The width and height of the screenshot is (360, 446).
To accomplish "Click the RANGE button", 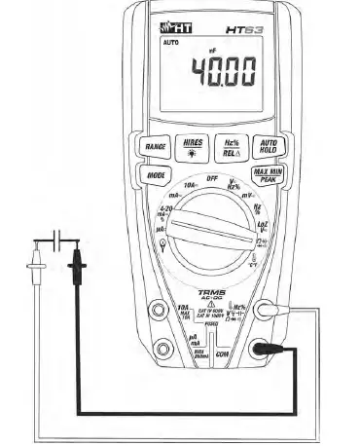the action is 155,146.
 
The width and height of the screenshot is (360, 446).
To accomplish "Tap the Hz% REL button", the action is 232,145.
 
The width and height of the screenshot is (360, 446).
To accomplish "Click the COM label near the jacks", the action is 221,355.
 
